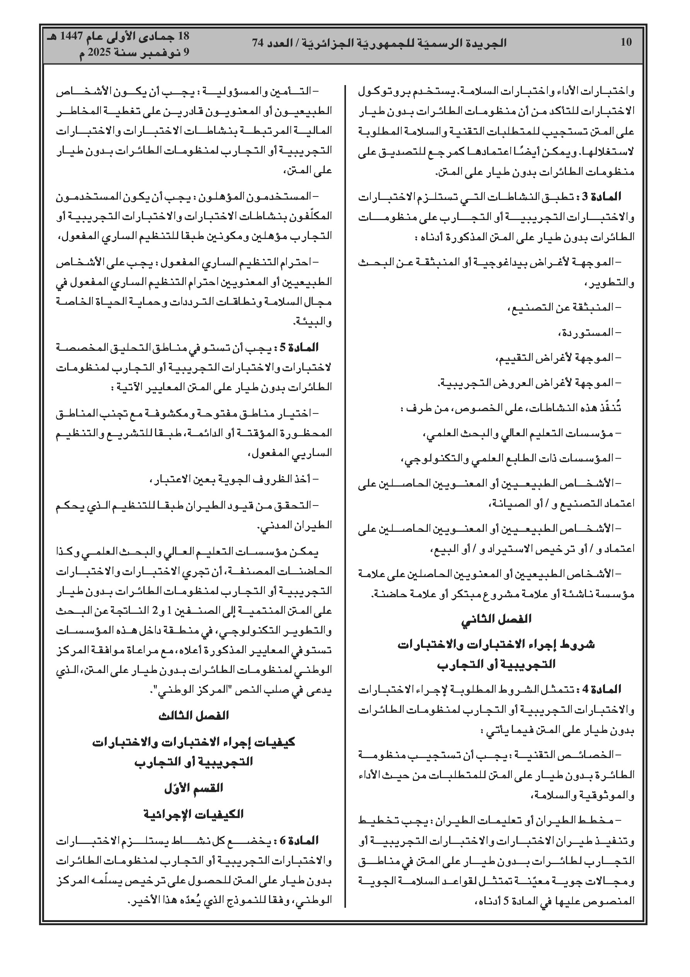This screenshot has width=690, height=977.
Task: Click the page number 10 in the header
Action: point(626,42)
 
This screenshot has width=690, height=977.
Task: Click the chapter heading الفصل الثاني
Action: point(496,619)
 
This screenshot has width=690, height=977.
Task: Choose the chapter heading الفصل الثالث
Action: point(194,715)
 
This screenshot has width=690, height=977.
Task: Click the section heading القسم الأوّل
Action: point(194,788)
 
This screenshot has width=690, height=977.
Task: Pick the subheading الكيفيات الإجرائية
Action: point(194,814)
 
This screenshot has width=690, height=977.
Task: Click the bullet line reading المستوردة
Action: point(589,332)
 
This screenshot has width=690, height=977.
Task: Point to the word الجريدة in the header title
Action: point(483,43)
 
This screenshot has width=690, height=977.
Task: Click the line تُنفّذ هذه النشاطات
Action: point(511,408)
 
